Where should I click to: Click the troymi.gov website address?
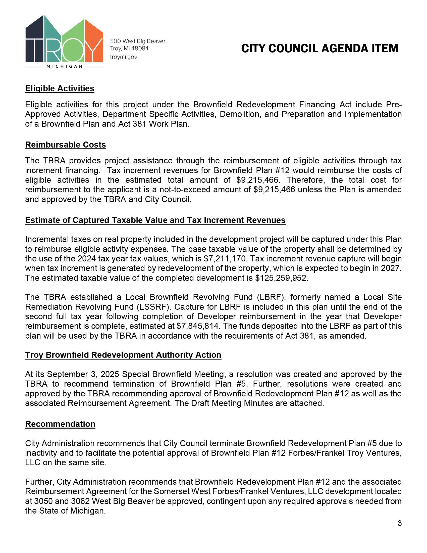click(x=123, y=57)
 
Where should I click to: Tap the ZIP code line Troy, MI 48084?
click(x=129, y=48)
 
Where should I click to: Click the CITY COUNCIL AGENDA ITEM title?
click(x=320, y=48)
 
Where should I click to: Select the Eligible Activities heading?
click(x=60, y=88)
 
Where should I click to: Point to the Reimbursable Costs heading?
click(x=66, y=145)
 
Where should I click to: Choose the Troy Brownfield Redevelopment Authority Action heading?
click(x=123, y=355)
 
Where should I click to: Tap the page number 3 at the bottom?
click(x=399, y=523)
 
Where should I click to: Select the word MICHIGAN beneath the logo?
click(x=65, y=67)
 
